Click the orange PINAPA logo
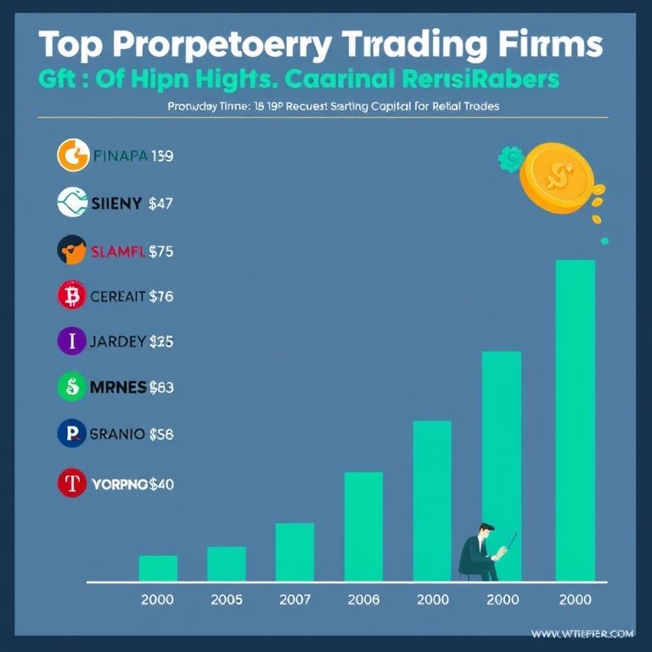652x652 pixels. pos(72,156)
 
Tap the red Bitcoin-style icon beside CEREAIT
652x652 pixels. pos(72,296)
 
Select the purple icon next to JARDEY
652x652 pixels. pos(72,342)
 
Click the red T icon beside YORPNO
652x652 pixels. pos(72,484)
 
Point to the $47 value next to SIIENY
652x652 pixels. pos(160,203)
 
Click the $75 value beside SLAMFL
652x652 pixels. pos(161,250)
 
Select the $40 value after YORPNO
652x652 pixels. pos(161,485)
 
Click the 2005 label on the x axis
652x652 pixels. pos(226,599)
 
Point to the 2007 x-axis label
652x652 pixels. pos(295,599)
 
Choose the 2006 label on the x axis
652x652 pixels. pos(363,599)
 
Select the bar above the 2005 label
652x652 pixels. pos(226,564)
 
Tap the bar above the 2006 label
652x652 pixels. pos(363,526)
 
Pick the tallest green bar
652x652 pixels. pos(575,420)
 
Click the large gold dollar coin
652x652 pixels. pos(559,177)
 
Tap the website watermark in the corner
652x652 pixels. pos(583,633)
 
